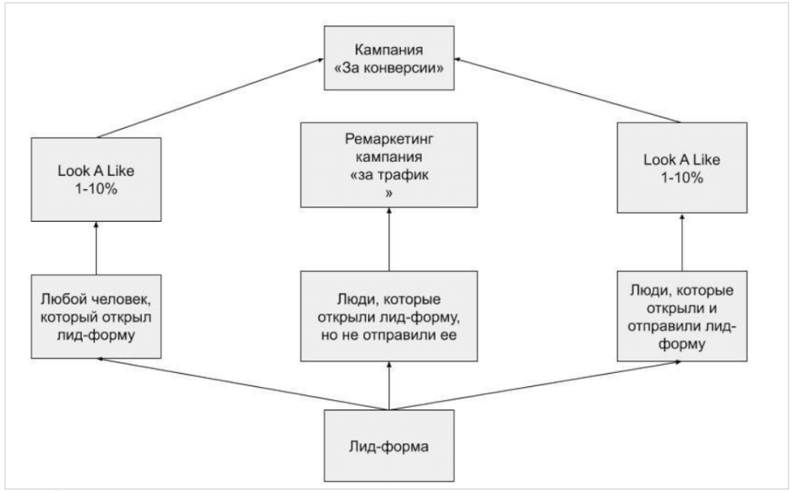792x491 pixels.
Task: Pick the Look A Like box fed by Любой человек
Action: (x=95, y=180)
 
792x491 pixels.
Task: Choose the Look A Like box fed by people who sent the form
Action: (x=683, y=169)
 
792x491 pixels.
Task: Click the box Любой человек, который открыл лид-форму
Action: (x=95, y=315)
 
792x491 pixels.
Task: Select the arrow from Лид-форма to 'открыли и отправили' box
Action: (x=536, y=384)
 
